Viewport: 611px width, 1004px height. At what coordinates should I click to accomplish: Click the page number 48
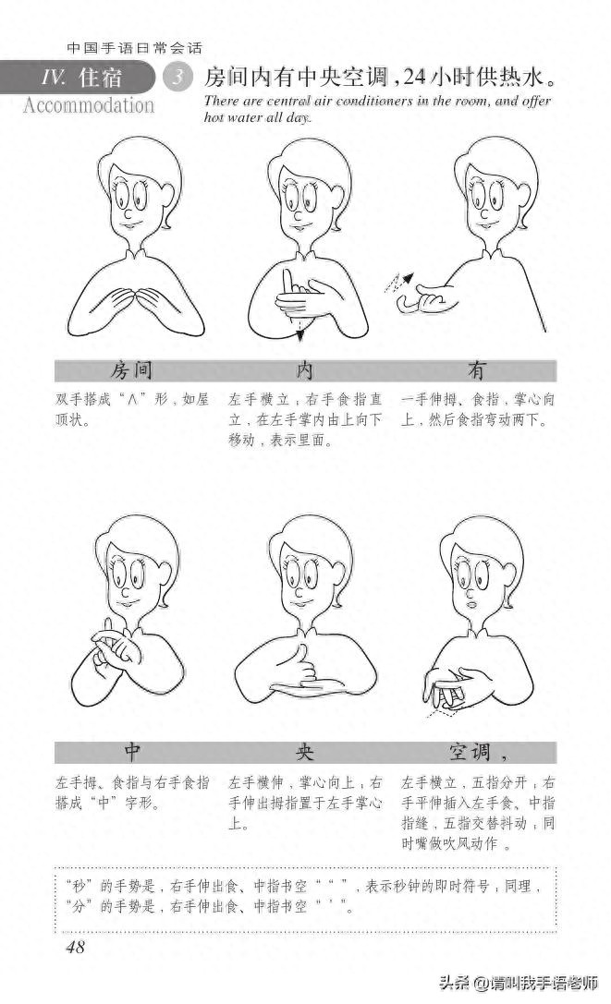coord(76,947)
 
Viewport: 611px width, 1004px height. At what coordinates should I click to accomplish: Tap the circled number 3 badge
coord(177,78)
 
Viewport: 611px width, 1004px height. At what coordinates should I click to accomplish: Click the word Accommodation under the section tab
coord(89,105)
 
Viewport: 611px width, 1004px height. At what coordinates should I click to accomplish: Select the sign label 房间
coord(131,370)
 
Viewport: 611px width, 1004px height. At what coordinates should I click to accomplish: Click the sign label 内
coord(304,370)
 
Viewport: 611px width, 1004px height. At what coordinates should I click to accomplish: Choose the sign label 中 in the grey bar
coord(131,752)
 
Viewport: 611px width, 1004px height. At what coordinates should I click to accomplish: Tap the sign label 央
coord(304,752)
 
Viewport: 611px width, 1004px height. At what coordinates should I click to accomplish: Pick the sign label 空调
coord(470,752)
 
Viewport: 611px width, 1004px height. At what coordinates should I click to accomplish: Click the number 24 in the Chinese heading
coord(415,78)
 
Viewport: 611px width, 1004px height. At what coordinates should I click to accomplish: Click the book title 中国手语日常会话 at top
coord(135,47)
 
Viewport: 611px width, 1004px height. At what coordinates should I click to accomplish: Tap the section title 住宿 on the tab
coord(101,79)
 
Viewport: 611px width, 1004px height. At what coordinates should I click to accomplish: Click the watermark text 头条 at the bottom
coord(453,982)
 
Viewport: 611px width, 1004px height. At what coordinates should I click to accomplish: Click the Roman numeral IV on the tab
coord(53,79)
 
